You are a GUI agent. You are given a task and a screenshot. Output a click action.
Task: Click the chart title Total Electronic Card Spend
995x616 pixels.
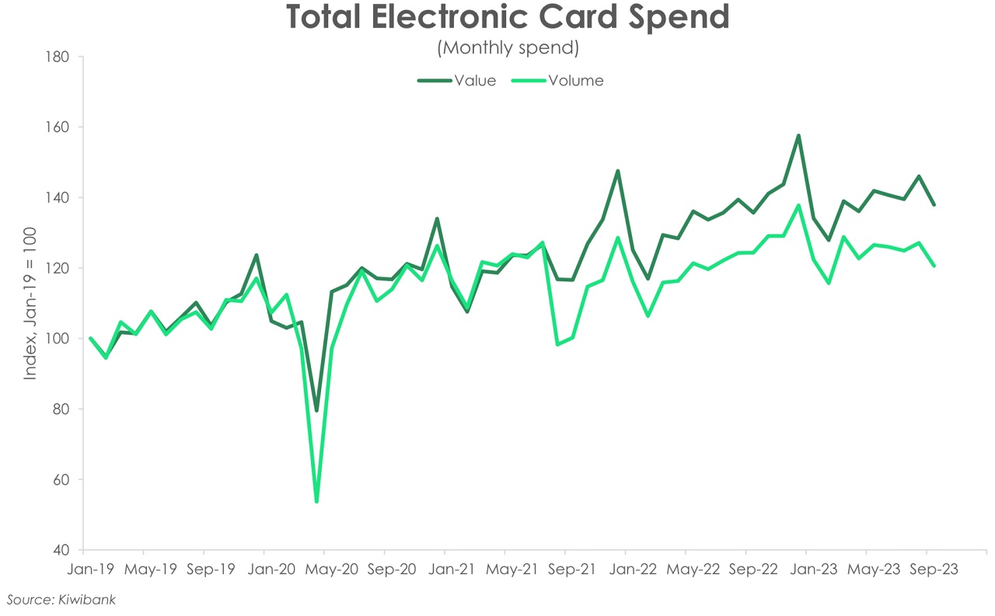[508, 18]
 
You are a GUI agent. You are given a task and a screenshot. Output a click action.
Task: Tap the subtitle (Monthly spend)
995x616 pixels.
[508, 48]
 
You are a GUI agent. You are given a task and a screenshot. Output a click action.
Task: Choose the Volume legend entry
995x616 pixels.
[575, 81]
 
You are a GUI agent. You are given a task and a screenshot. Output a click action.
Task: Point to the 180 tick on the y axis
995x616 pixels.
[59, 57]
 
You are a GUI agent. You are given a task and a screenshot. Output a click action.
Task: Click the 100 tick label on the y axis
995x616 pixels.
[59, 339]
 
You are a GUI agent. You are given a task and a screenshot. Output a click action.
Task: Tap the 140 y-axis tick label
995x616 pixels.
[59, 198]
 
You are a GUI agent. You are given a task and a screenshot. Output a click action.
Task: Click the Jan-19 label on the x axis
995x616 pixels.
[90, 569]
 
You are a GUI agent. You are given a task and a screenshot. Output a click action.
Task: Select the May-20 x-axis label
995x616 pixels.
[332, 569]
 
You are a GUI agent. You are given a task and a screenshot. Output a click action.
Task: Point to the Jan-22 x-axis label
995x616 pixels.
[633, 569]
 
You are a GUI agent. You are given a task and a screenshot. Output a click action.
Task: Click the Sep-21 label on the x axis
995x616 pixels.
[573, 569]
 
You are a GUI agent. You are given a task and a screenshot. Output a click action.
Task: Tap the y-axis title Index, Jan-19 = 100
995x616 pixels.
[30, 304]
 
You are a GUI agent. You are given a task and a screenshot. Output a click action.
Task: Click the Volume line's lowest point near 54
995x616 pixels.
[316, 501]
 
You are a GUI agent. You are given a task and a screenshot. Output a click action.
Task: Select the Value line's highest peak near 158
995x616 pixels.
[798, 136]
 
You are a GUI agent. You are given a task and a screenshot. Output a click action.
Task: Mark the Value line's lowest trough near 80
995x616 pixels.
[316, 410]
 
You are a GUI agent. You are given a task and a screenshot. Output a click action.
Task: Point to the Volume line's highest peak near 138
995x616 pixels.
[798, 206]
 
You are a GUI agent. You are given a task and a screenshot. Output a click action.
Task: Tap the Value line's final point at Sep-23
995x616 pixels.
[934, 205]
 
